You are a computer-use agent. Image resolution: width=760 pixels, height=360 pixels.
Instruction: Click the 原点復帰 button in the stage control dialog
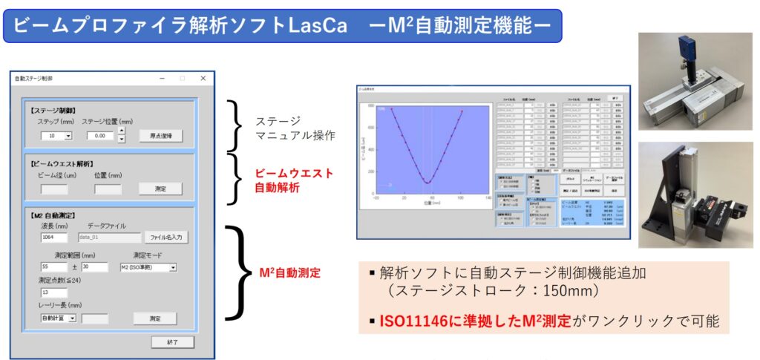click(160, 136)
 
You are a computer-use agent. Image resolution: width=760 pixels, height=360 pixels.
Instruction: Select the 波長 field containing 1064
click(54, 238)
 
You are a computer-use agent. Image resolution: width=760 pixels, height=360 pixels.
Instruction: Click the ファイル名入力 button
click(166, 238)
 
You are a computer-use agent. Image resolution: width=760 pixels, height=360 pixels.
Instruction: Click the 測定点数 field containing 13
click(54, 292)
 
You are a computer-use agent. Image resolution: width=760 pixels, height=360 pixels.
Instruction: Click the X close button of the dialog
click(203, 78)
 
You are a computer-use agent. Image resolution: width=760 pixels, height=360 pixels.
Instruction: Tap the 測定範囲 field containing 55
click(54, 267)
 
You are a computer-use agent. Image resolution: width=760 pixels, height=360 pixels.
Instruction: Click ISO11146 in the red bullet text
click(415, 320)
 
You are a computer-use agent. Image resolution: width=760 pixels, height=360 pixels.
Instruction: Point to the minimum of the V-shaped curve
click(427, 183)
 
